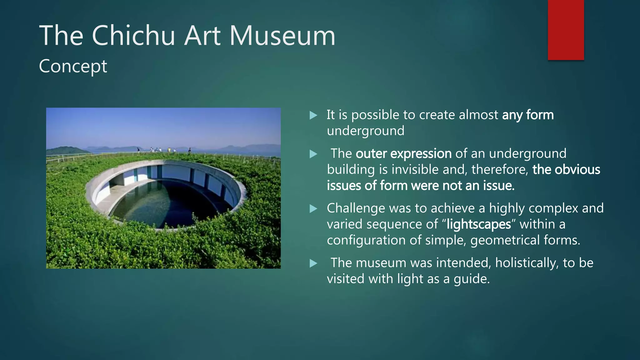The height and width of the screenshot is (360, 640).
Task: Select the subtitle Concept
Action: click(73, 66)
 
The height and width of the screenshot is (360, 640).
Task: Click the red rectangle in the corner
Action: click(566, 30)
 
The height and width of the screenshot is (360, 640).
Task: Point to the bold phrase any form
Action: click(528, 115)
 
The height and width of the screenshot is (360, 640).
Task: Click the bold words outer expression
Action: click(403, 154)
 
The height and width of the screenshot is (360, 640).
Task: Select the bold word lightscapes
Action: click(479, 224)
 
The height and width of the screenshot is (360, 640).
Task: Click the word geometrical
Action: click(504, 240)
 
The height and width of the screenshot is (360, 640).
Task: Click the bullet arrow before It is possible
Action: click(313, 116)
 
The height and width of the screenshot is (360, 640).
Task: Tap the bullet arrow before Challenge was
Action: click(313, 209)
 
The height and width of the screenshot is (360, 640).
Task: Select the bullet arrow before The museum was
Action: click(313, 263)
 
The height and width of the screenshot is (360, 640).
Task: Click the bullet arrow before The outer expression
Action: click(313, 154)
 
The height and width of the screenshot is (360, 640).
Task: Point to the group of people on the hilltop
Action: click(162, 150)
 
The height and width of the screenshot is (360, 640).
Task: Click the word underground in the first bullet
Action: click(365, 131)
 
